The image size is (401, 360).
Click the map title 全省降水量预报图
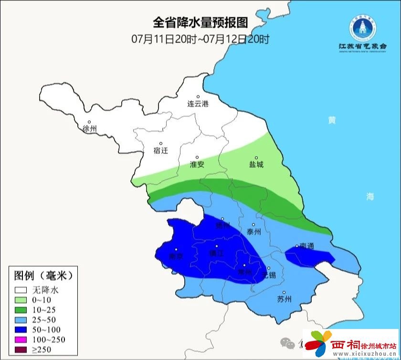click(200, 23)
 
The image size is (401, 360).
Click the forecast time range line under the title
click(200, 39)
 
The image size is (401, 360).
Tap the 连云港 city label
click(198, 104)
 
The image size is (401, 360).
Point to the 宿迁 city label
click(161, 150)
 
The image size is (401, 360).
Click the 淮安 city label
click(197, 164)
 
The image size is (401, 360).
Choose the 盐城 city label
click(256, 164)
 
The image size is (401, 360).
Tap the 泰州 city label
click(254, 232)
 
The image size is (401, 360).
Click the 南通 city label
click(307, 246)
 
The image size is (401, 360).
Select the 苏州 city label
click(284, 299)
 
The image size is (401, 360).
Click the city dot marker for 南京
click(177, 249)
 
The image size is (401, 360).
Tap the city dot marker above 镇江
click(216, 246)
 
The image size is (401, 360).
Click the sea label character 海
click(370, 196)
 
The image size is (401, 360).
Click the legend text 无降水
click(45, 289)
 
